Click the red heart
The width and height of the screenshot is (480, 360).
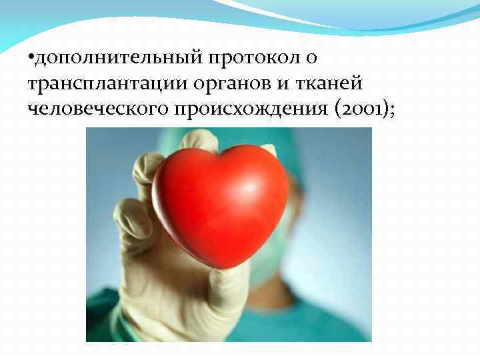click(220, 203)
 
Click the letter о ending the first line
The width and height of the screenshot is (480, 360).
click(312, 60)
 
